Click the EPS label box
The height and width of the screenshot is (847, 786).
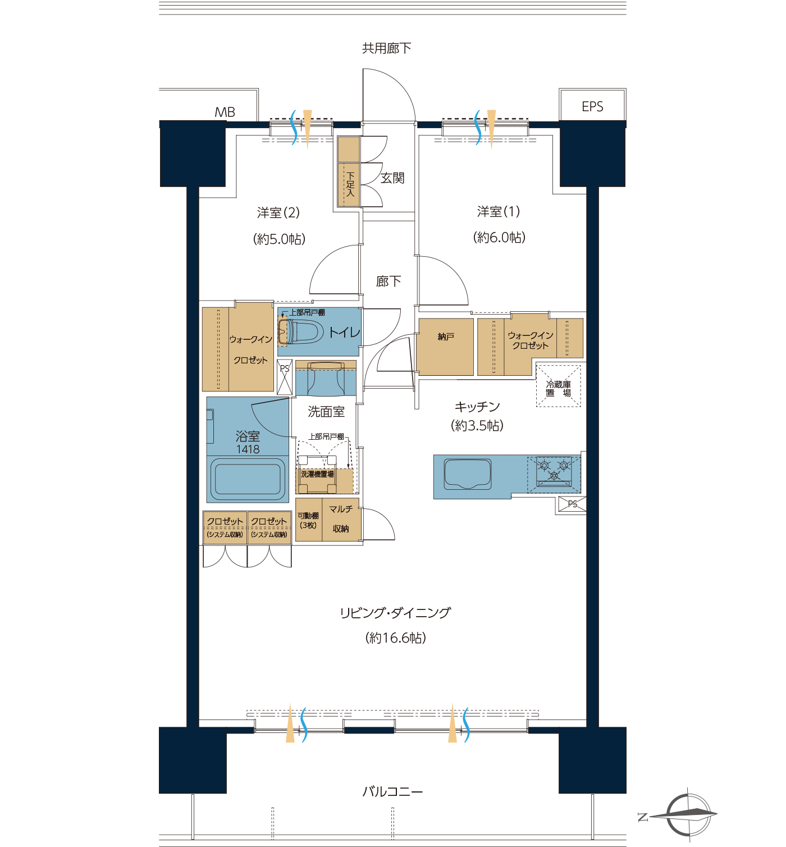coord(592,105)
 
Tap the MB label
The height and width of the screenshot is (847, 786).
coord(225,112)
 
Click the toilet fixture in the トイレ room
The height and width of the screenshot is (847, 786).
coord(299,331)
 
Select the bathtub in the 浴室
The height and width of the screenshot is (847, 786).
coord(248,479)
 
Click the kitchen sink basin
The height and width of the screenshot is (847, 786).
coord(468,474)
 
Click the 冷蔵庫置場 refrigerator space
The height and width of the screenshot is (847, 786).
coord(558,386)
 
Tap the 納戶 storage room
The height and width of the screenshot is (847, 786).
coord(446,347)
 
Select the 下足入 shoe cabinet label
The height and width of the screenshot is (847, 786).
coord(350,184)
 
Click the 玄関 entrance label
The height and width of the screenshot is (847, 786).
coord(392,178)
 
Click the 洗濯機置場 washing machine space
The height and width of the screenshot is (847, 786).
coord(317,474)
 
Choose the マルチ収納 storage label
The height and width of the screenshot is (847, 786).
coord(341,518)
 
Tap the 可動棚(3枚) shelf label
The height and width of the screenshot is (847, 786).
coord(308,520)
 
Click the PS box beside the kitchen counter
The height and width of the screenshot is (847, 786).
coord(572,504)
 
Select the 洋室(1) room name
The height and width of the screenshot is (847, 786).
coord(499,211)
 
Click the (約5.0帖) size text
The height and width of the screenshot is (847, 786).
coord(280,239)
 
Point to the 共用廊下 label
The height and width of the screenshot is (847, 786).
coord(386,48)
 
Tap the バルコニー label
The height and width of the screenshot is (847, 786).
coord(392,791)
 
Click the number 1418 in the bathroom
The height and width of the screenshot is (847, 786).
coord(248,449)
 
